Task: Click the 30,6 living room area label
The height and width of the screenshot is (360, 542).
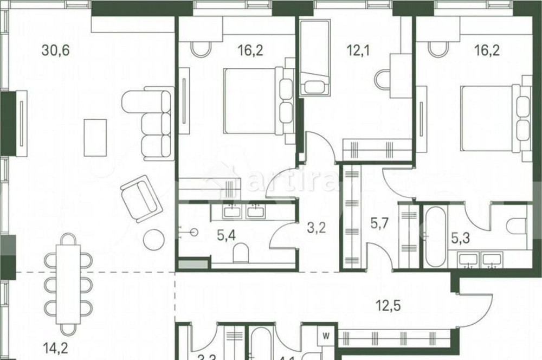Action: [56, 51]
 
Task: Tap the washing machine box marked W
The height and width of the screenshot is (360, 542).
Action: [326, 336]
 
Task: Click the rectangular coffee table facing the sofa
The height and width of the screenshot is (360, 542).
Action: [95, 137]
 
